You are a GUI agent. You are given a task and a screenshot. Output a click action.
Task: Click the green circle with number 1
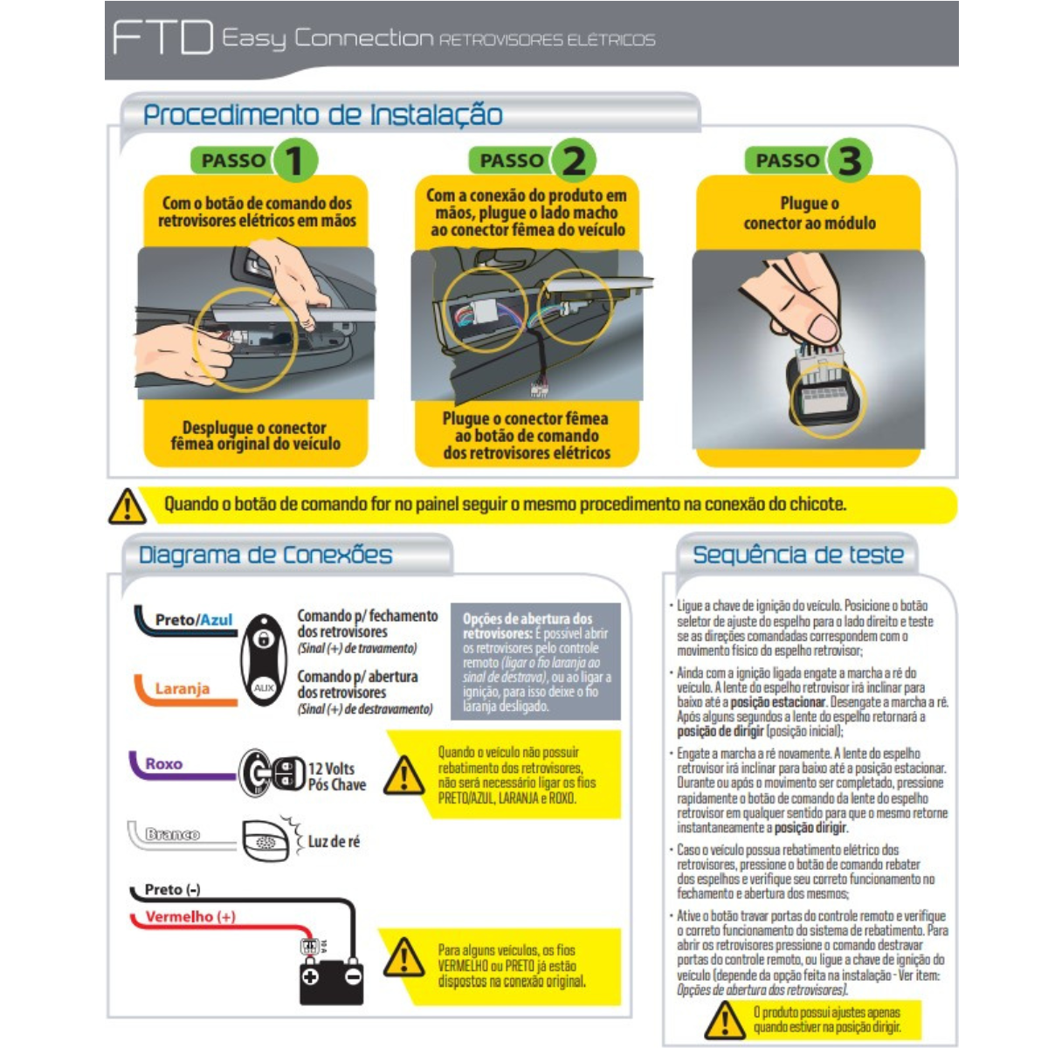coord(294,161)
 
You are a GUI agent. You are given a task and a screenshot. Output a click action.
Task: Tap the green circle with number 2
coord(573,161)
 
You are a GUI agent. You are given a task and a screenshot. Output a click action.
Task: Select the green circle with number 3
coord(849,161)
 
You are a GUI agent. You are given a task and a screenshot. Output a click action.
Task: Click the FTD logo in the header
coord(162,37)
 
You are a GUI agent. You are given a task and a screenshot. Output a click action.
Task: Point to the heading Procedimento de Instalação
coord(322,114)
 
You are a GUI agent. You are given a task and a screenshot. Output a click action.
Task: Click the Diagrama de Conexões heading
coord(265,555)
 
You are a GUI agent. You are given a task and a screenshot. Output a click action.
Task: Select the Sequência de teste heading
coord(798,555)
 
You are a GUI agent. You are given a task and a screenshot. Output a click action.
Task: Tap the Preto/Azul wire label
coord(194,619)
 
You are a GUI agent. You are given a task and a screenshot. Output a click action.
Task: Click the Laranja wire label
coord(183,688)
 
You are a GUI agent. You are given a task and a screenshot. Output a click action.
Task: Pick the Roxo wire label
coord(163,763)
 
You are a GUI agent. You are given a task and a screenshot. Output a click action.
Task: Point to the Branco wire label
coord(172,834)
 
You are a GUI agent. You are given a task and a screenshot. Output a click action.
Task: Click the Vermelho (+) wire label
coord(190,916)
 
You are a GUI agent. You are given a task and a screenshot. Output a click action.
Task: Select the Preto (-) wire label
coord(172,890)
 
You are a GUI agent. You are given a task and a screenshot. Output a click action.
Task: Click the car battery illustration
coord(331,981)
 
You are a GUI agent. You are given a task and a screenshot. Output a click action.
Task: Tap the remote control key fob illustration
coord(264,659)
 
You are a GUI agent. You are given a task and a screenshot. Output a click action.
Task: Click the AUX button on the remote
coord(264,688)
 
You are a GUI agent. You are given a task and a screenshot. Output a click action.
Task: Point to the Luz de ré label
coord(334,841)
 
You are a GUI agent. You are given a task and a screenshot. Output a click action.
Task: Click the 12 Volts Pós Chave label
coord(336,776)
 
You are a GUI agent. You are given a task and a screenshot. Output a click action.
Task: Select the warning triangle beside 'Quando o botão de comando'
coord(128,507)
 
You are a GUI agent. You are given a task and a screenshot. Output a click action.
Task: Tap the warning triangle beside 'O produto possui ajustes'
coord(724,1019)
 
